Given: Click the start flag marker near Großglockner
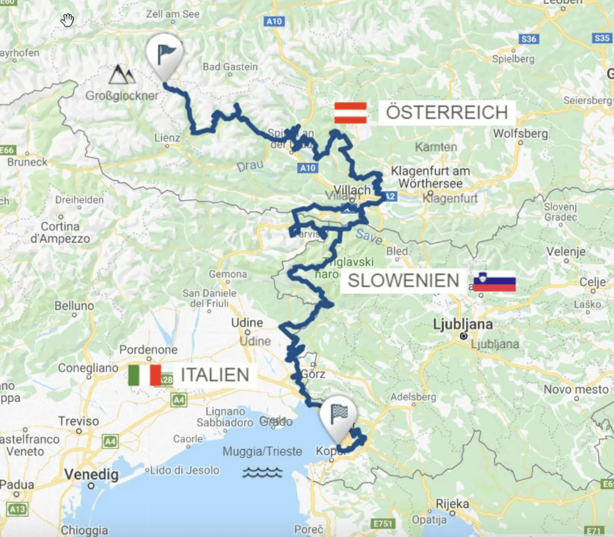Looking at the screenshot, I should point(164,54).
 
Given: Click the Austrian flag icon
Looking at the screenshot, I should point(350,113).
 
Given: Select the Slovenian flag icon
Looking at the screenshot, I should point(494,282).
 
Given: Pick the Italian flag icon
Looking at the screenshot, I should point(144,375).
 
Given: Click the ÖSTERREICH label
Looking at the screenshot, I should point(447,113).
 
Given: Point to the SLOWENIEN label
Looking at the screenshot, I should point(403,281).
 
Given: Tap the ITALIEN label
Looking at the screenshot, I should point(215,375).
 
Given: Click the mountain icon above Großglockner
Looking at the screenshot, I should point(121,75).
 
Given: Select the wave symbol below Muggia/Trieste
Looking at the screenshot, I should point(262,472).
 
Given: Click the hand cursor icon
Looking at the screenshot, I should point(67,20).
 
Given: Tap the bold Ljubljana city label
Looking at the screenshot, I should point(462,324).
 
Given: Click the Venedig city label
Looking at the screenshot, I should point(91,474).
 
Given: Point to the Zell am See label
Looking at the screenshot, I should point(173,14).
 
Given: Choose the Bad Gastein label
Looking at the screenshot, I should point(230,67).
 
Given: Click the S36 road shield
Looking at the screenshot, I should point(528,39).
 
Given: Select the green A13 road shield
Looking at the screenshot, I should point(17,509).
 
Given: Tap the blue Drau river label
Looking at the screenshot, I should point(250,166).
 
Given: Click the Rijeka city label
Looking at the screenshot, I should point(452,504).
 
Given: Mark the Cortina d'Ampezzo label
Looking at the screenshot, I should point(60,232).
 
